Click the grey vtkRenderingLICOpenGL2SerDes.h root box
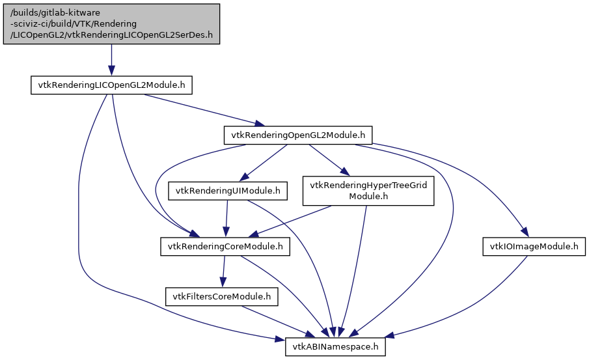(111, 23)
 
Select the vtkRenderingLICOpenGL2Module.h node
(112, 86)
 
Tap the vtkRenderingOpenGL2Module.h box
(297, 135)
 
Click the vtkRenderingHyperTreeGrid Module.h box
(368, 191)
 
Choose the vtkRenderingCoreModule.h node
(225, 247)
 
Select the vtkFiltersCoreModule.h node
(222, 297)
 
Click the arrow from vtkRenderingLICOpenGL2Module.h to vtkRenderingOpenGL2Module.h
(202, 110)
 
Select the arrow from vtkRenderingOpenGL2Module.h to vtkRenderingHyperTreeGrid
(329, 160)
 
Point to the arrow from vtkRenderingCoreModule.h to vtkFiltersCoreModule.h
(224, 271)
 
